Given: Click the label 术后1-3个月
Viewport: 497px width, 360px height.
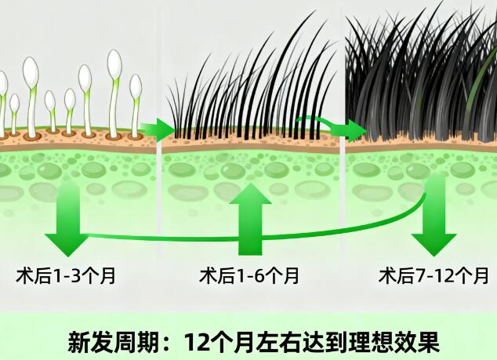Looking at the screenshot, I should (x=66, y=276).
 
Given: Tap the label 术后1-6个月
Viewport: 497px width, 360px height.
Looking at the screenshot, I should (x=248, y=276).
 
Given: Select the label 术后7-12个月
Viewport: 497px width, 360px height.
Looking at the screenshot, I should (x=434, y=276).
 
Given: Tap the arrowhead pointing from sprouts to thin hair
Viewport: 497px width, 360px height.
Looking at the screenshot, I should (x=165, y=128).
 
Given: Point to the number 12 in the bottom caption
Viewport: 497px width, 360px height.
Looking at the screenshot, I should (x=195, y=342).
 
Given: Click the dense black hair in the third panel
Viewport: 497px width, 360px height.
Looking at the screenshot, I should (x=415, y=78).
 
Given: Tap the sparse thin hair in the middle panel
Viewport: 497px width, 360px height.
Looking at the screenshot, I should (x=251, y=94).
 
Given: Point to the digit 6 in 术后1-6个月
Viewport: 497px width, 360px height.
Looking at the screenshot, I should (x=265, y=276).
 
